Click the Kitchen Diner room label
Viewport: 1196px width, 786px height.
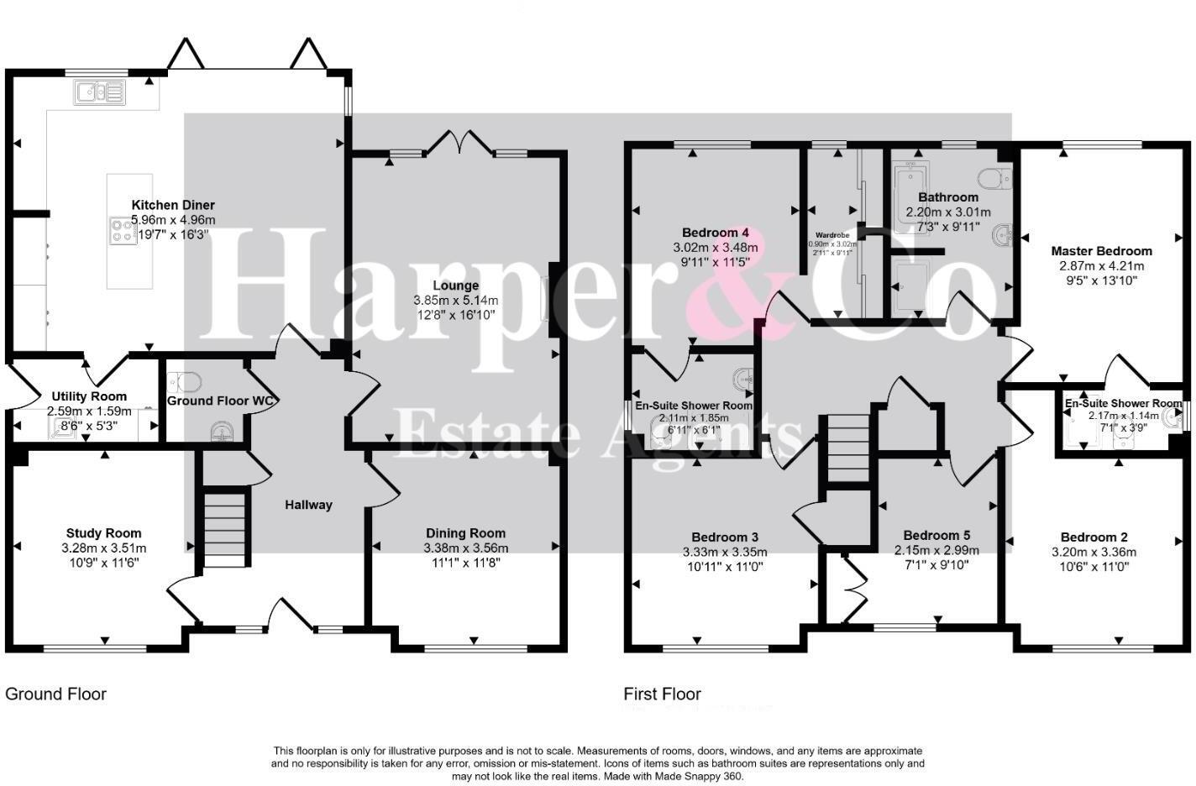click(173, 205)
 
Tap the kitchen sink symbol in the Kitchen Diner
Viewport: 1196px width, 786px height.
click(99, 92)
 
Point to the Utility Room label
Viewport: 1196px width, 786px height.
click(89, 396)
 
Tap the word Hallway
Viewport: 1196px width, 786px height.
click(308, 505)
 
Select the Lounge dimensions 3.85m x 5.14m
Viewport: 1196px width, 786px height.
click(455, 301)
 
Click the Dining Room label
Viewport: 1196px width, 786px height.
click(465, 533)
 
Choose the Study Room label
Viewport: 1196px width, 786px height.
click(104, 533)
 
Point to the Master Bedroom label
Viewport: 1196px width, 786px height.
click(1101, 251)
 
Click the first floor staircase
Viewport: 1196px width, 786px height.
click(847, 448)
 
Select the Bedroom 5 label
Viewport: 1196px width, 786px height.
click(936, 536)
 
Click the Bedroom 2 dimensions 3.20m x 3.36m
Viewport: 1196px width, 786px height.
click(1094, 553)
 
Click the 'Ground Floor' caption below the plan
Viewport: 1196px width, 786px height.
click(56, 694)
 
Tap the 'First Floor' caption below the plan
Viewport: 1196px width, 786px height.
click(662, 694)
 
